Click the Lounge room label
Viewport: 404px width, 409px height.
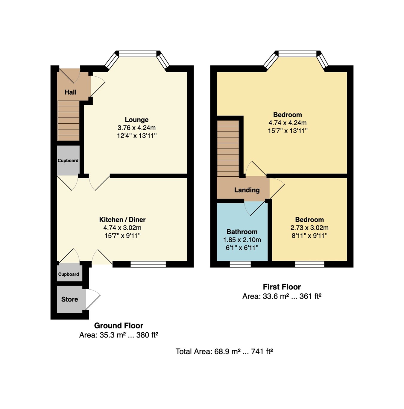coord(136,120)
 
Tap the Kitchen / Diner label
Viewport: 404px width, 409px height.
coord(122,219)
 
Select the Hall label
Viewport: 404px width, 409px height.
coord(70,92)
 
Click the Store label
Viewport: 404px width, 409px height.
coord(69,299)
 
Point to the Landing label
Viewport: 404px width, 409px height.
coord(247,190)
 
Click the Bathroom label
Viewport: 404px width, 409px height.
coord(242,232)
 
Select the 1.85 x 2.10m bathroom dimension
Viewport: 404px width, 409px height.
coord(242,240)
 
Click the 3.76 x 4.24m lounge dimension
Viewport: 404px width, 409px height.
coord(136,128)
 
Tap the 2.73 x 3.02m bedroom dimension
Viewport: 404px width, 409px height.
coord(309,228)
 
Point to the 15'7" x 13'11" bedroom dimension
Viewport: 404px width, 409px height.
coord(287,131)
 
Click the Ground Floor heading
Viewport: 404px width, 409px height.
coord(119,325)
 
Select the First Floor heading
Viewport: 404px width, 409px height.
coord(282,287)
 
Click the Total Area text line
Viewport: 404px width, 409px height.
coord(224,352)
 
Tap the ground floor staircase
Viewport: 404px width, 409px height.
coord(69,121)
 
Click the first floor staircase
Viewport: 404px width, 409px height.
coord(228,148)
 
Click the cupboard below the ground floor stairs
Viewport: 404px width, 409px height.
coord(68,160)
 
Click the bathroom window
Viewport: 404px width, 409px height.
coord(240,264)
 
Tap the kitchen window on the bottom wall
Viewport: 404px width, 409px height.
coord(148,264)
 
